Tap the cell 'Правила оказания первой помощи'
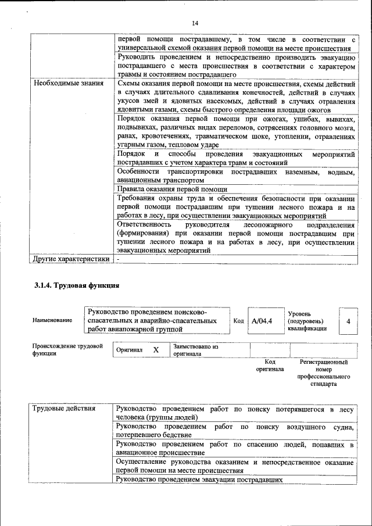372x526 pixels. pos(172,189)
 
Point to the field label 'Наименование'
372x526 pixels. pos(52,320)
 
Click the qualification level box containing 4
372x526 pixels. pos(348,321)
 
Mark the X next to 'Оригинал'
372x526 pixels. pos(156,350)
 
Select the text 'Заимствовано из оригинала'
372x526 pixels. pos(195,349)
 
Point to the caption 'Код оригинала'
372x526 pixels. pos(270,366)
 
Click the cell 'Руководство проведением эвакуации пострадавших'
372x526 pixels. pos(199,480)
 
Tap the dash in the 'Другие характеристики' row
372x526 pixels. pos(118,259)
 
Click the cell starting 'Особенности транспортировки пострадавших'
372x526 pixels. pos(235,176)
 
